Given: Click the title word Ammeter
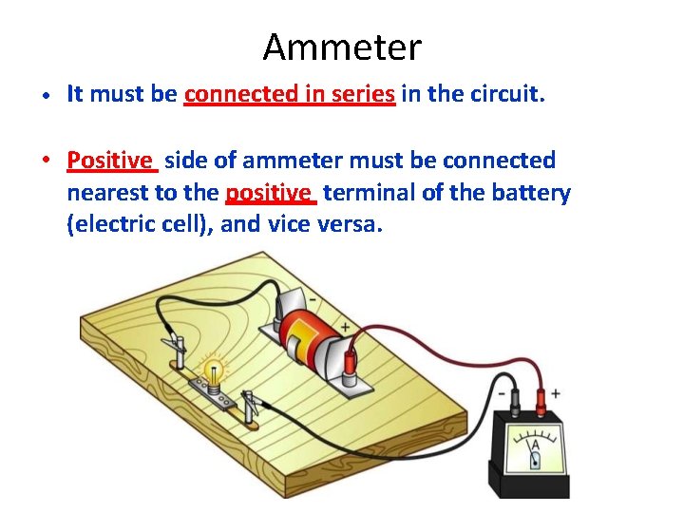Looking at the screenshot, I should (342, 46).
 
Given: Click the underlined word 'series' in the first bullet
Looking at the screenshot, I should (362, 94).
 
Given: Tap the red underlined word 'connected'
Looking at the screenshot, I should (242, 94).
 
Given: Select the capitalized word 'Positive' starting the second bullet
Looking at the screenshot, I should (110, 161).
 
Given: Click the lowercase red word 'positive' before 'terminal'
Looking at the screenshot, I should (270, 194).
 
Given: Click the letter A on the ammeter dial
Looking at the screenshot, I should (536, 444).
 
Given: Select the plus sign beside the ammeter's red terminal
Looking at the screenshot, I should (556, 392).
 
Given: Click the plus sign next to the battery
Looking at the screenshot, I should (344, 327).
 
